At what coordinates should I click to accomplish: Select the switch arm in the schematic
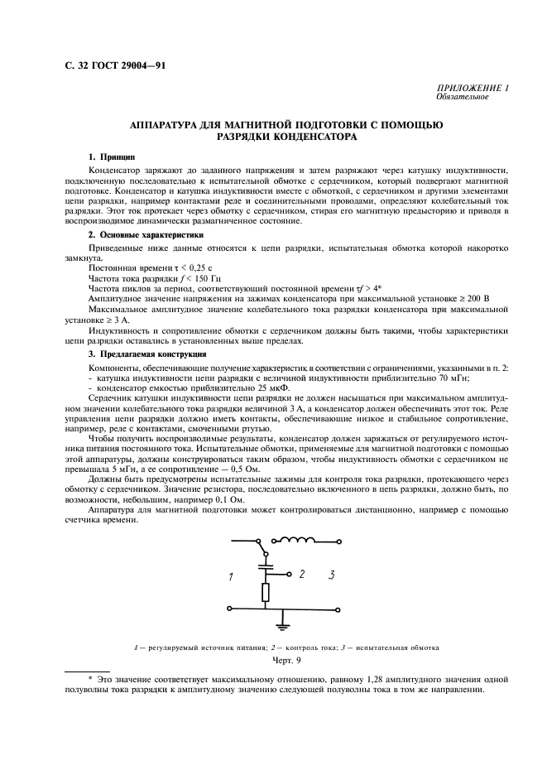coord(262,550)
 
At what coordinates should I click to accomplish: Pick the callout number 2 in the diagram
coord(301,573)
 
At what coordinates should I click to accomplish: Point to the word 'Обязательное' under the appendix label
coord(462,97)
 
